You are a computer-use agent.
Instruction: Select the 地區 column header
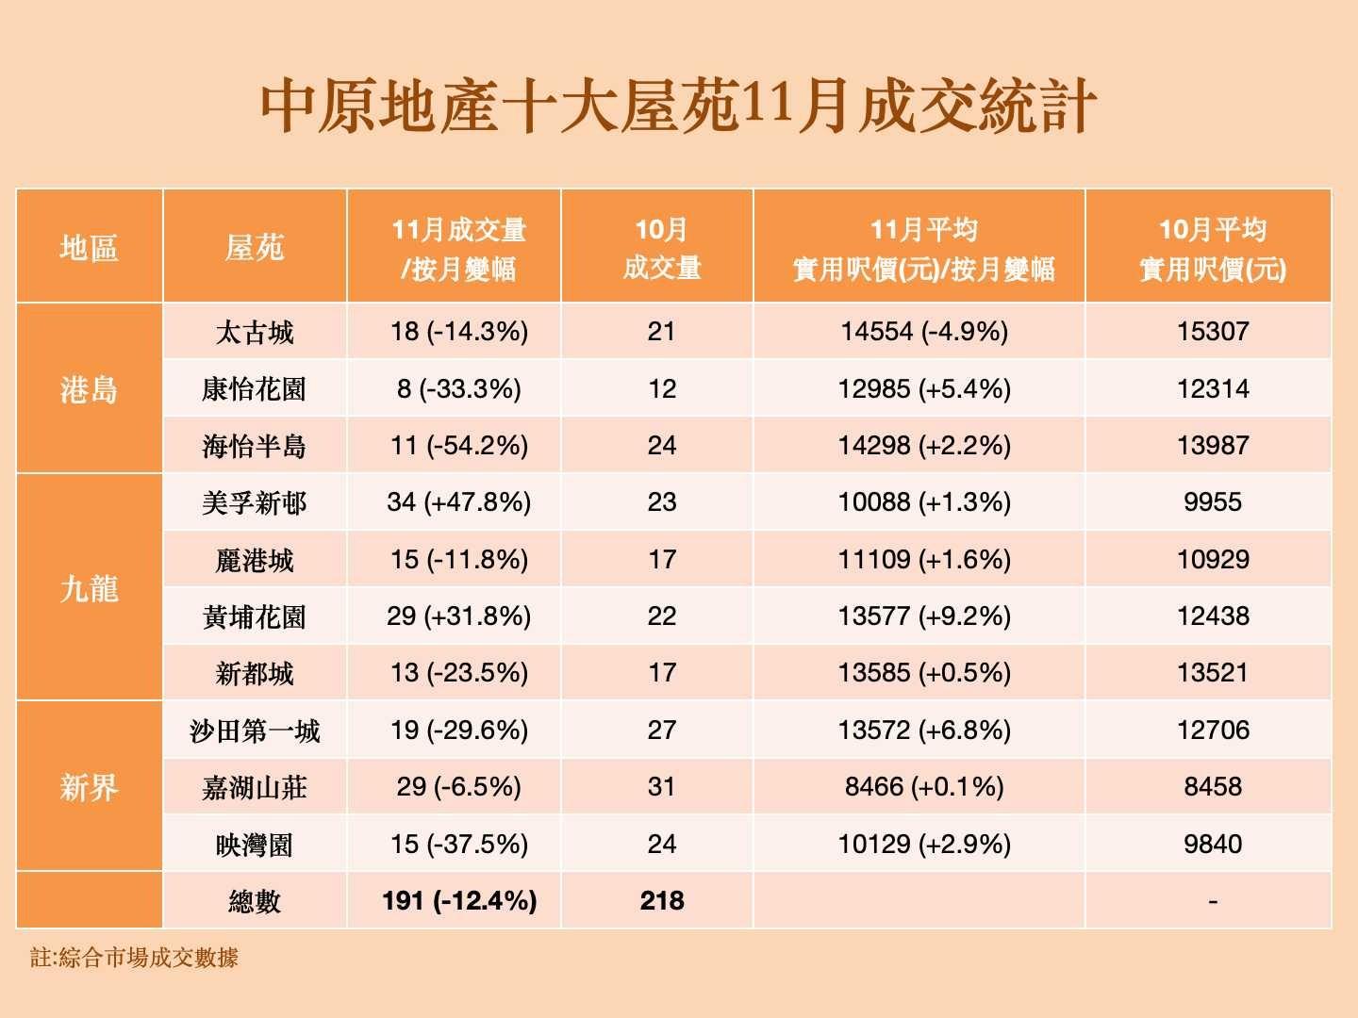pos(89,248)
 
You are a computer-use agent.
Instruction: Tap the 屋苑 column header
pos(255,248)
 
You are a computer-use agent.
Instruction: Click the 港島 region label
pos(89,388)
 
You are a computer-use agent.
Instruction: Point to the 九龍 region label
pos(89,588)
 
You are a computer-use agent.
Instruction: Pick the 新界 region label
pos(89,786)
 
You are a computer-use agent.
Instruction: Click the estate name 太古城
pos(255,332)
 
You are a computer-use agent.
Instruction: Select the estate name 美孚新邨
pos(255,502)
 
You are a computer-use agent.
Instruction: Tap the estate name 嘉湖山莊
pos(255,787)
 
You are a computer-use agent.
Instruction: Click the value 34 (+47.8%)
pos(458,502)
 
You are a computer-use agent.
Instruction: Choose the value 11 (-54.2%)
pos(458,446)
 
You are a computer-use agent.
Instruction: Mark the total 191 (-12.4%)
pos(459,901)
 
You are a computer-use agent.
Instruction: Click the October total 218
pos(662,901)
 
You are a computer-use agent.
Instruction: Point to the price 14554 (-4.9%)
pos(924,332)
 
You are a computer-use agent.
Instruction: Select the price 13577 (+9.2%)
pos(924,616)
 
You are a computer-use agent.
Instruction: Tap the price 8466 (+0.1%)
pos(924,787)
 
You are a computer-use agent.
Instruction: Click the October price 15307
pos(1213,332)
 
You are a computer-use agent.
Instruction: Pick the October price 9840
pos(1213,844)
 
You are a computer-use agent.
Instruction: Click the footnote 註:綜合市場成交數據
pos(134,959)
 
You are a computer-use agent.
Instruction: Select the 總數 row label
pos(255,901)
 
